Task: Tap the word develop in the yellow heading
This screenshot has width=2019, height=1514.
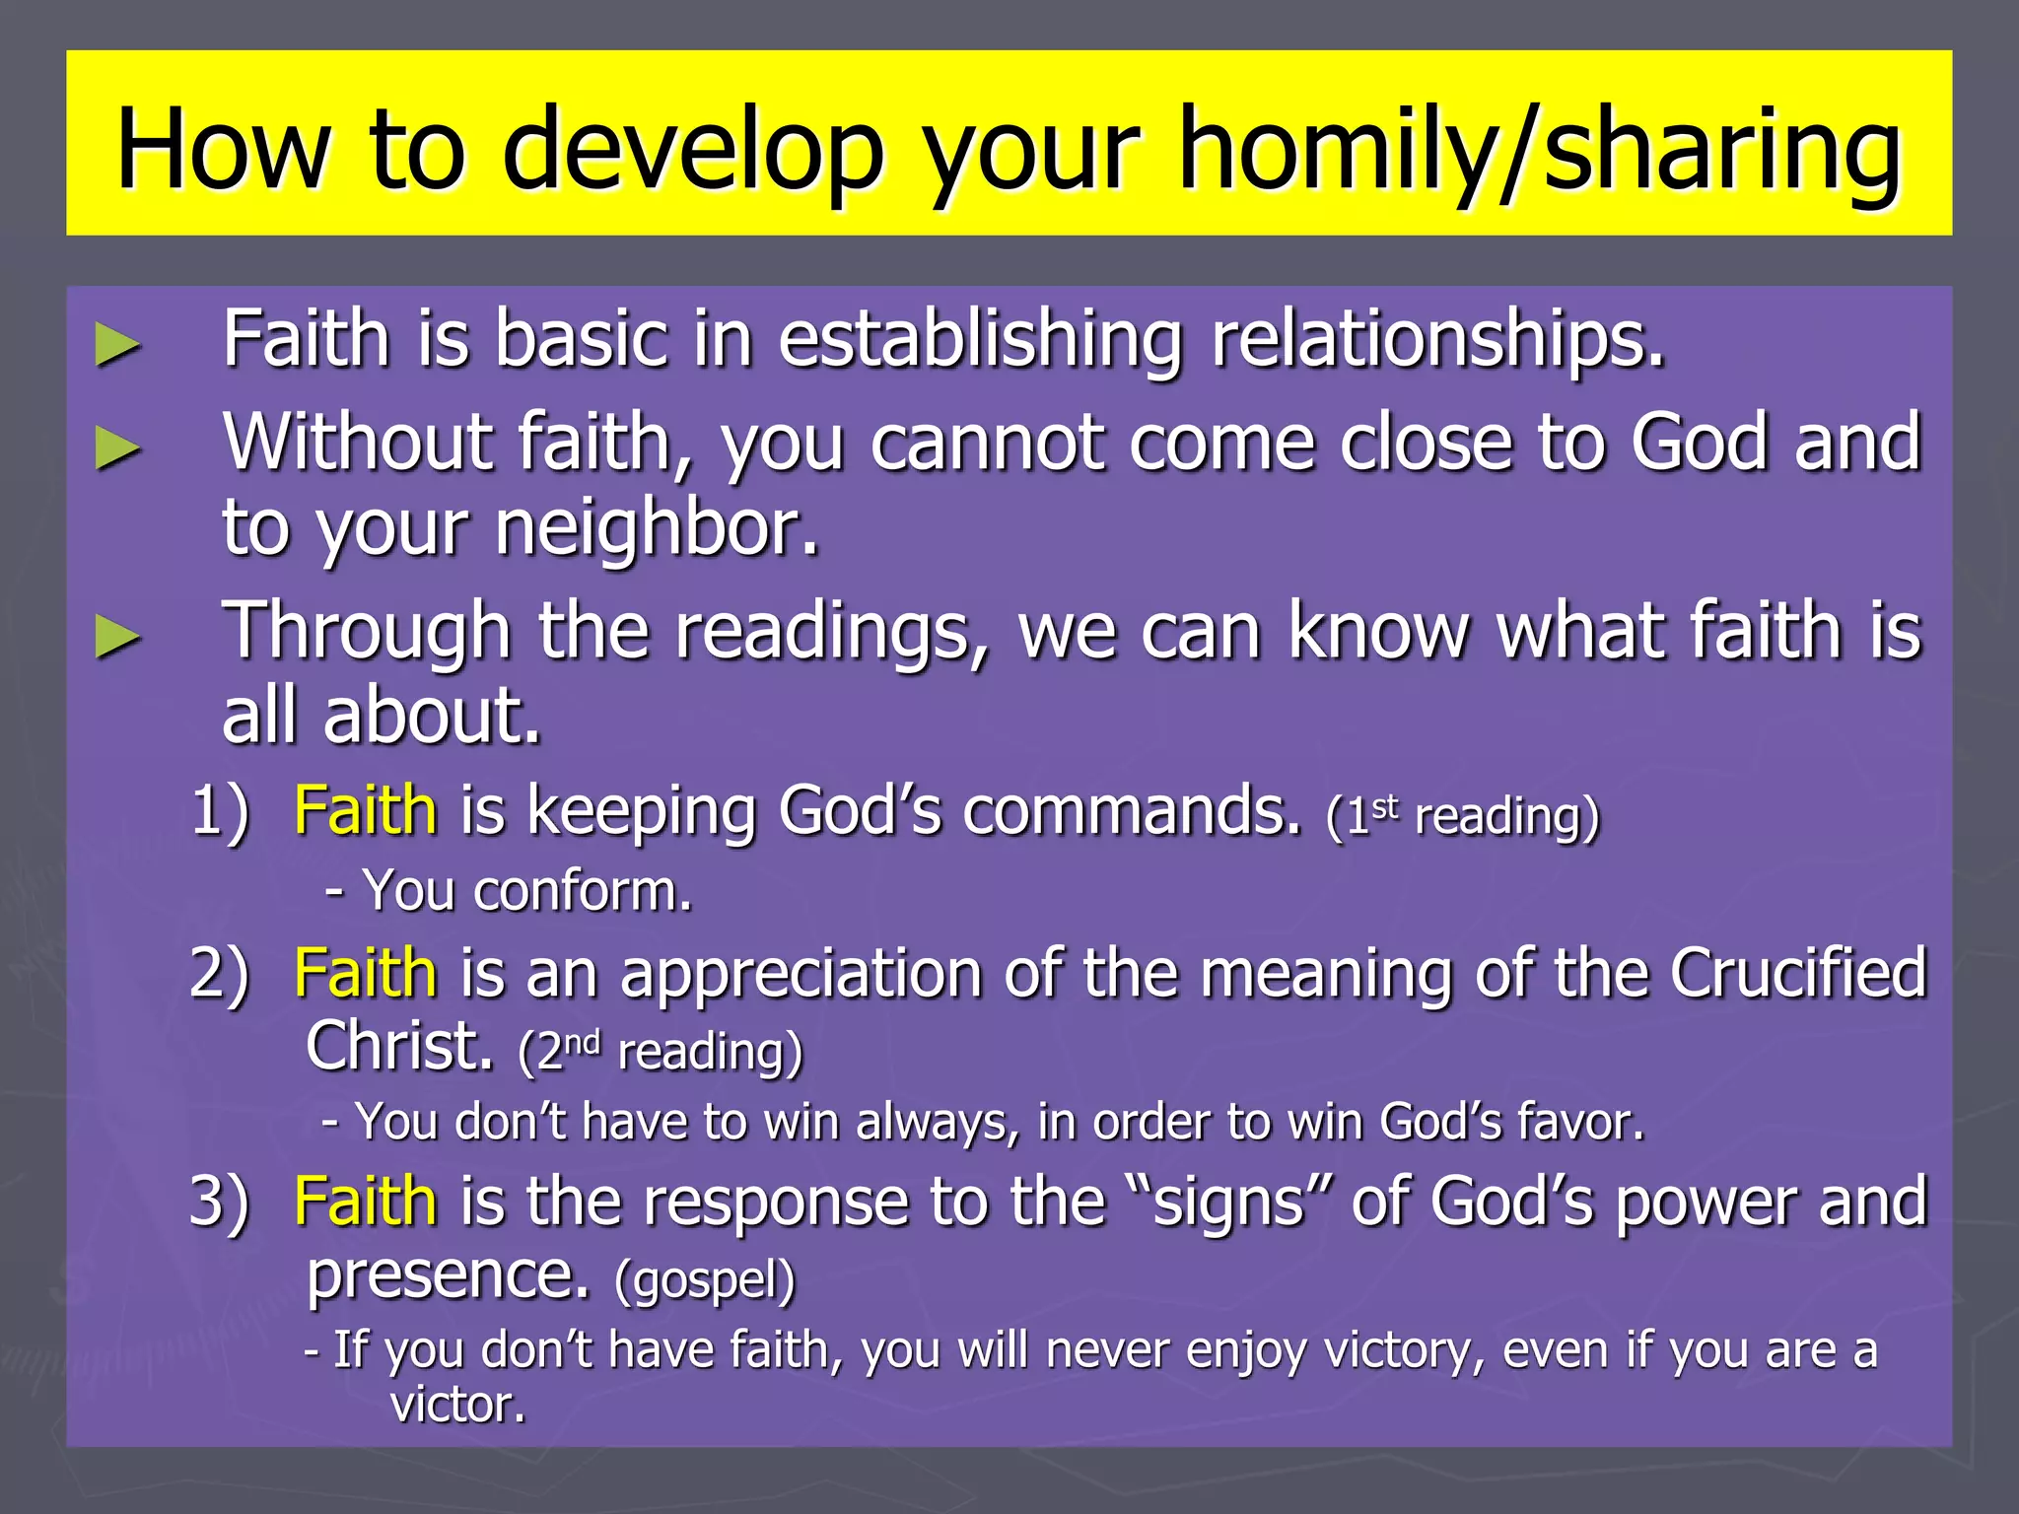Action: coord(694,150)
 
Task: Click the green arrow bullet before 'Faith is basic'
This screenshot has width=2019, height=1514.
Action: coord(117,346)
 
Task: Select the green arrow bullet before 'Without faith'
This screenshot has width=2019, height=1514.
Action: coord(117,449)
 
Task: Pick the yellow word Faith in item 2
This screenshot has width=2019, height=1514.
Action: coord(365,973)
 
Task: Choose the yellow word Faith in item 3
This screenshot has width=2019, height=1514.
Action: coord(365,1202)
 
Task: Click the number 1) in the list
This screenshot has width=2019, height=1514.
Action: coord(220,812)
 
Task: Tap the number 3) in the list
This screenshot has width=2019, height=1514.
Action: coord(220,1203)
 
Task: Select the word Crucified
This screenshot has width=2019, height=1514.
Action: coord(1798,973)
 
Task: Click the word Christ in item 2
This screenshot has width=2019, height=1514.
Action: coord(398,1046)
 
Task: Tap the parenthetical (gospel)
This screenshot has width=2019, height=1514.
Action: coord(704,1279)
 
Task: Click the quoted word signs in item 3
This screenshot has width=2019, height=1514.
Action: coord(1227,1204)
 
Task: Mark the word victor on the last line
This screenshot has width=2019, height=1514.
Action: coord(455,1405)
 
